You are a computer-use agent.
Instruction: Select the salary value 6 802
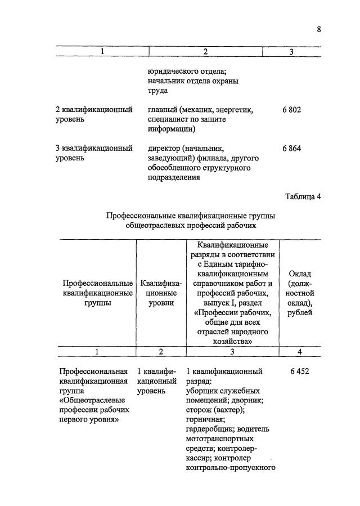click(x=291, y=110)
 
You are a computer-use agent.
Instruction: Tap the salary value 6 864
click(x=291, y=149)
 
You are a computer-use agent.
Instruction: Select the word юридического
click(x=173, y=71)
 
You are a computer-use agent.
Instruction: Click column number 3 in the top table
click(x=291, y=52)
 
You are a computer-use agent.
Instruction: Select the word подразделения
click(x=170, y=177)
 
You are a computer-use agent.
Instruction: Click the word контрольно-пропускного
click(x=229, y=467)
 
